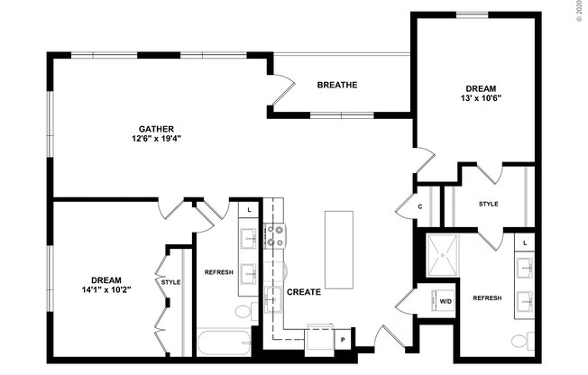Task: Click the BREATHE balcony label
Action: tap(337, 86)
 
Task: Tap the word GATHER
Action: tap(156, 128)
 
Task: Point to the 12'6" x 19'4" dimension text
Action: tap(156, 139)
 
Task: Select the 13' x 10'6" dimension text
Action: tap(481, 98)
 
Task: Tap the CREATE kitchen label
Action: tap(304, 292)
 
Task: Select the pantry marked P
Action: tap(343, 339)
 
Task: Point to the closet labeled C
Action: tap(420, 206)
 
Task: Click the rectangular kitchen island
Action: tap(339, 250)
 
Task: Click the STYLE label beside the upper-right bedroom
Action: tap(488, 204)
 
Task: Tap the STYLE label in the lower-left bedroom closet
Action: tap(170, 282)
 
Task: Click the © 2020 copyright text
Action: tap(578, 13)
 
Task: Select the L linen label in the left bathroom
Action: tap(249, 209)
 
